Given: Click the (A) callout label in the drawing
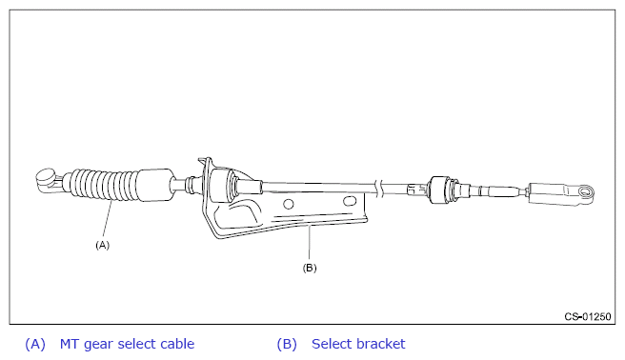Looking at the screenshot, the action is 103,245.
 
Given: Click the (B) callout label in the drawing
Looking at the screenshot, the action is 310,268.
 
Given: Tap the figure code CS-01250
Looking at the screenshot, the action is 588,316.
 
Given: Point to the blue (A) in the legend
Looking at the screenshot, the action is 35,344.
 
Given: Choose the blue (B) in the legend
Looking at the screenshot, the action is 287,344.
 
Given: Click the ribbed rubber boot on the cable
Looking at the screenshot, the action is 104,185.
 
